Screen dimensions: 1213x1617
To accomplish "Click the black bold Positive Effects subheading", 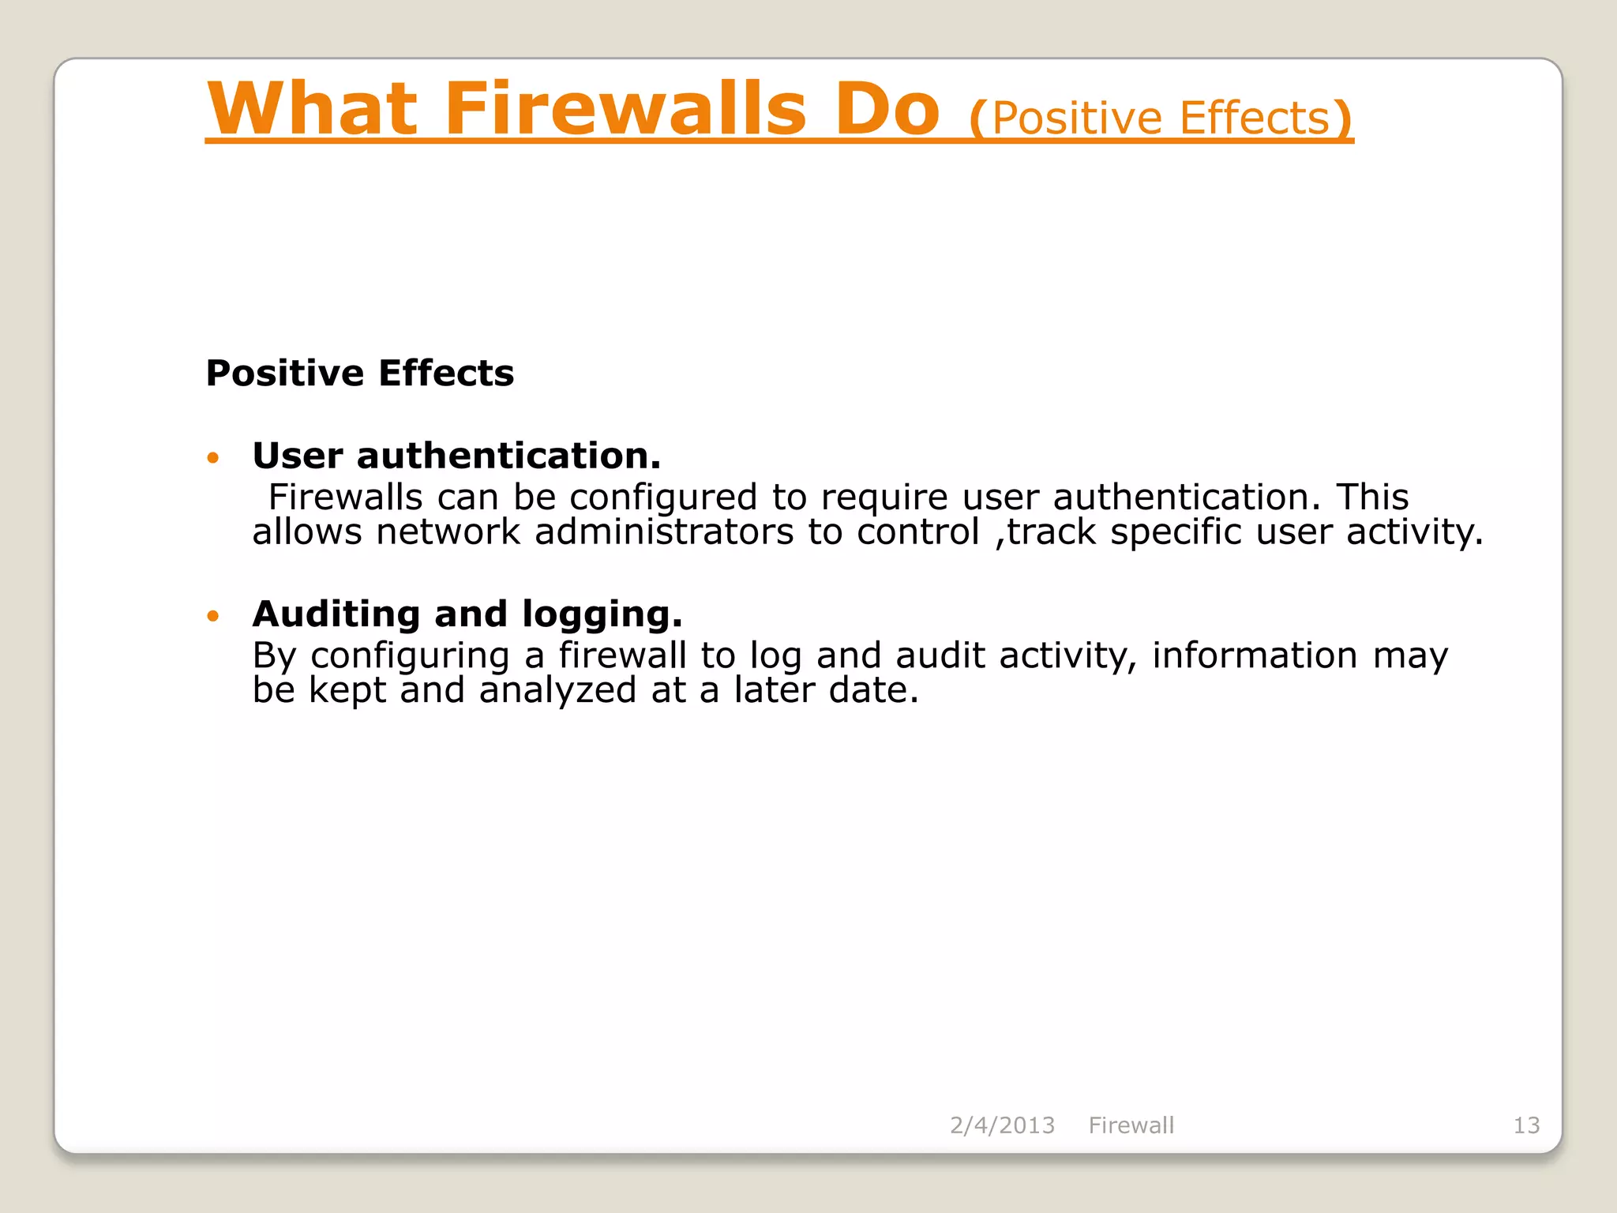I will coord(359,373).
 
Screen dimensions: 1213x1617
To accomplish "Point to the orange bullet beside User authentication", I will coord(212,457).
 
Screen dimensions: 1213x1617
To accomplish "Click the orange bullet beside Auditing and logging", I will coord(212,615).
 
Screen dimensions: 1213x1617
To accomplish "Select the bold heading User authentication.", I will coord(456,456).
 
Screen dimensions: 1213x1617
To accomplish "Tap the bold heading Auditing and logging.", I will coord(467,614).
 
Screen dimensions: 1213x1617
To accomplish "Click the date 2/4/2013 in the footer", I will coord(1002,1125).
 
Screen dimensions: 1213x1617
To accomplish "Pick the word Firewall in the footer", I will coord(1131,1125).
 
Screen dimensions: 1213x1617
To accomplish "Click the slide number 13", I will coord(1526,1125).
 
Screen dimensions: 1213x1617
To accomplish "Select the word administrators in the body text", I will coord(664,531).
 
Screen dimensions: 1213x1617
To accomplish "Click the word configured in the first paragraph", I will coord(663,498).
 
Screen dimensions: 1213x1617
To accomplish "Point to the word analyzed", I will coord(557,690).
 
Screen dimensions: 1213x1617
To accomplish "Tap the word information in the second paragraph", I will coord(1255,655).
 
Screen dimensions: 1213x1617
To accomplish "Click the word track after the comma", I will coord(1052,531).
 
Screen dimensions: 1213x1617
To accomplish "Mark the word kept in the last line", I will coord(347,690).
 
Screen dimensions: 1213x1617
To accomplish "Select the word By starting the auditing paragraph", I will coord(274,655).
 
